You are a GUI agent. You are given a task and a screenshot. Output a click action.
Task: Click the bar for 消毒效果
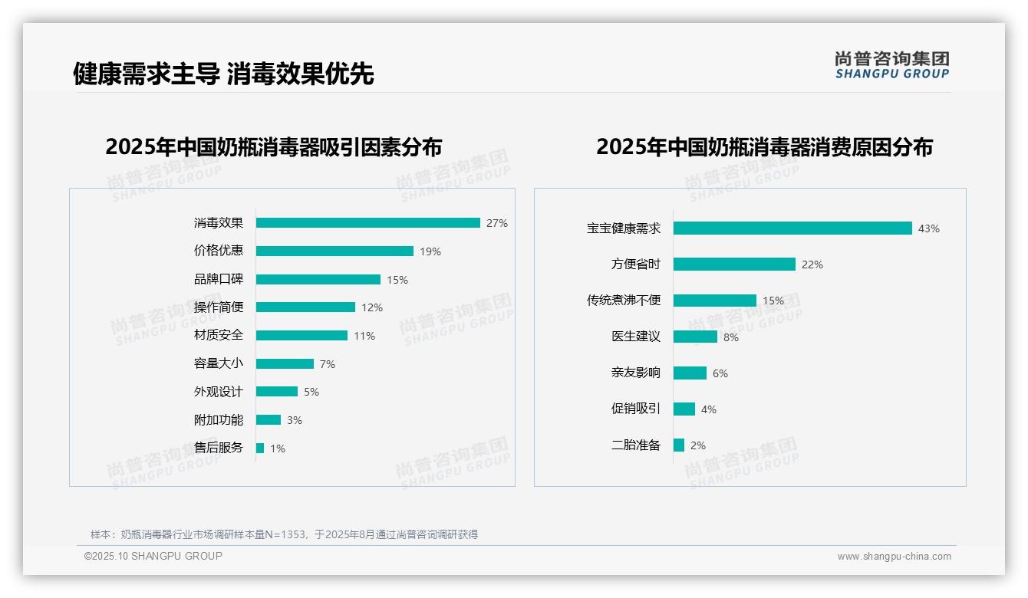(x=367, y=223)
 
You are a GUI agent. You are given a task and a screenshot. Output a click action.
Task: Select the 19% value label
(x=430, y=251)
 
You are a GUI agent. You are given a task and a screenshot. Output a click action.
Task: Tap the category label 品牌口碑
(x=218, y=279)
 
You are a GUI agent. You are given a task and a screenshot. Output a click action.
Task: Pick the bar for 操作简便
(x=305, y=307)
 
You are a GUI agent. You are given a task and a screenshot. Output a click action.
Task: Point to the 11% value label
(x=364, y=336)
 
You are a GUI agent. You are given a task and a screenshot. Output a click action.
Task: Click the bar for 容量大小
(x=285, y=363)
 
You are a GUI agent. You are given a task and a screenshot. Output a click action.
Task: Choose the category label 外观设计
(x=218, y=392)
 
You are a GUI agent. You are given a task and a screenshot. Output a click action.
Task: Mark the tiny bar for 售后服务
(x=260, y=448)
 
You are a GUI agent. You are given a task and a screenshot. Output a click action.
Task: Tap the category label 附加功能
(x=218, y=420)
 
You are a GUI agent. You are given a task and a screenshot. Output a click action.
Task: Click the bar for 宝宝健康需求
(x=792, y=228)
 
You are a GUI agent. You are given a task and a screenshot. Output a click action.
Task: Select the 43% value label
(x=929, y=228)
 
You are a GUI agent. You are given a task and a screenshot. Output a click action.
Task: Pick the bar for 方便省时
(x=734, y=264)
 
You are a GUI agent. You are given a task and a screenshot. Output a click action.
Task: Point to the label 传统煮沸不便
(x=623, y=301)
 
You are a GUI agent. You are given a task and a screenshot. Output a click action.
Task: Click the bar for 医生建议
(x=695, y=337)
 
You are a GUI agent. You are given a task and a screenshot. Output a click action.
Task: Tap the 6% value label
(x=720, y=373)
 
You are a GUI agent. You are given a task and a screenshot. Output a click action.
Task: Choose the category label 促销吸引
(x=635, y=409)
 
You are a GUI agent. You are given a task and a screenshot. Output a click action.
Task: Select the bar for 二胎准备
(x=679, y=445)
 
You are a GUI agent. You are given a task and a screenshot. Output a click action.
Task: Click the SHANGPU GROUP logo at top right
(x=892, y=65)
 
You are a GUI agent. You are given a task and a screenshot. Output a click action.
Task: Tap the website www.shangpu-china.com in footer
(x=894, y=557)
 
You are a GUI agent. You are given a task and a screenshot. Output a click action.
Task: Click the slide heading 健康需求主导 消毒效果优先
(x=223, y=74)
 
